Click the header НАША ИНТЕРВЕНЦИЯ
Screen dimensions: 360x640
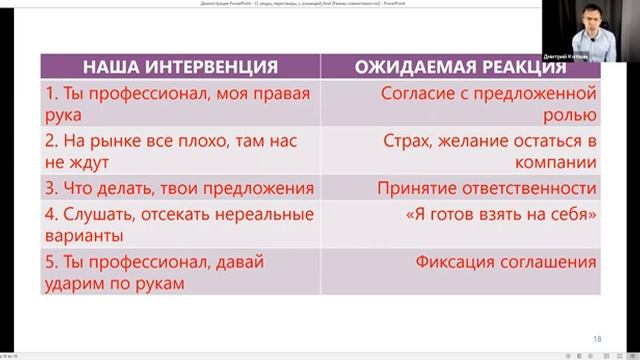coord(180,68)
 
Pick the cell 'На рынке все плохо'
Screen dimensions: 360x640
coord(180,150)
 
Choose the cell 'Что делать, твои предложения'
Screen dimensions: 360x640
coord(180,188)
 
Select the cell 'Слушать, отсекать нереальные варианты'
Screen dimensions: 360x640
coord(180,225)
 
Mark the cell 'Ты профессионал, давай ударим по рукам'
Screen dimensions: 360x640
coord(180,272)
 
